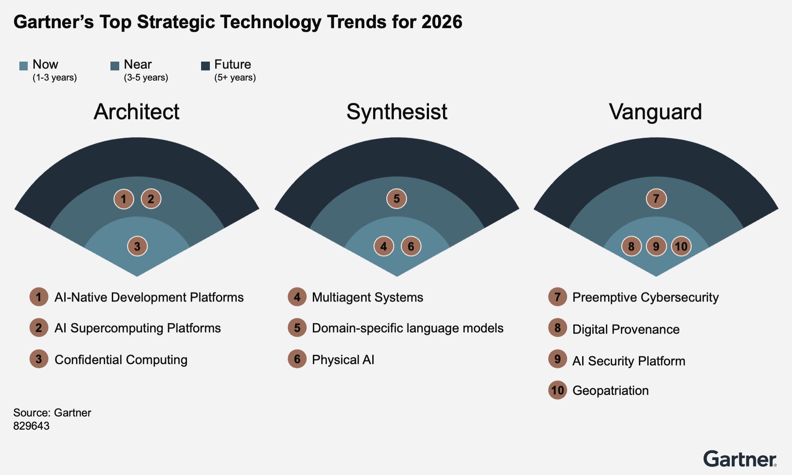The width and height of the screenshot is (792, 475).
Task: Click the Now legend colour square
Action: (24, 66)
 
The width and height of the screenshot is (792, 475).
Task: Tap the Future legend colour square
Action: (205, 66)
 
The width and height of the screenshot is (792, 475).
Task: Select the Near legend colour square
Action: (115, 66)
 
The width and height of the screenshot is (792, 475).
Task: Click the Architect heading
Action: (136, 112)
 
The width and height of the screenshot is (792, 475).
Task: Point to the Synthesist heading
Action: (397, 112)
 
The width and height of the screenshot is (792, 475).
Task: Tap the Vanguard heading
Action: (656, 112)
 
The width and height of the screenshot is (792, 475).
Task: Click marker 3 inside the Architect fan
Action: (137, 246)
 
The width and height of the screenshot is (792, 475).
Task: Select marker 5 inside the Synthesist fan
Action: (396, 199)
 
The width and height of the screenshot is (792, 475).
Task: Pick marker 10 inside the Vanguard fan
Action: (681, 246)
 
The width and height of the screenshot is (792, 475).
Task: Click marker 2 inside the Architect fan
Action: (151, 199)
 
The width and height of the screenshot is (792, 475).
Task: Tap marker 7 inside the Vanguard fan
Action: (656, 199)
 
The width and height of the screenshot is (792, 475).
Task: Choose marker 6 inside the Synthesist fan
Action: (411, 246)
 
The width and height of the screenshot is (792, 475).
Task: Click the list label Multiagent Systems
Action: (367, 298)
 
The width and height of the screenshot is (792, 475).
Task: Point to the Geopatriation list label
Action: (610, 391)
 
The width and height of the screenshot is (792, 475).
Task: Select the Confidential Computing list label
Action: (121, 360)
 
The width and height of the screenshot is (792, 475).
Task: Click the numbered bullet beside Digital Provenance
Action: (557, 328)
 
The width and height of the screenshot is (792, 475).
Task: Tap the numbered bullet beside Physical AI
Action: (297, 359)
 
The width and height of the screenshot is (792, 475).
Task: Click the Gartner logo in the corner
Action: (740, 459)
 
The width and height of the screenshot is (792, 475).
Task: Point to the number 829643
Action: (31, 426)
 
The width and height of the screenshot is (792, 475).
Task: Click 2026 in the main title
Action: (442, 22)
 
